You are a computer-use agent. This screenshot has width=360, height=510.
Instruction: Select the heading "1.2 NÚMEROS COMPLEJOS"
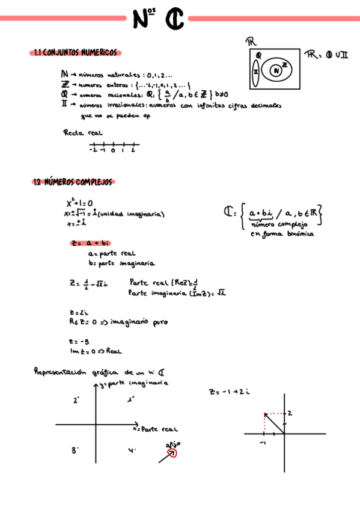74,182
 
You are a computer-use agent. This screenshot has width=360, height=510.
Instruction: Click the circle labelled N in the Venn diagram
276,71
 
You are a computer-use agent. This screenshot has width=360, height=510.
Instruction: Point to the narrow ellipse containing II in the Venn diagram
255,70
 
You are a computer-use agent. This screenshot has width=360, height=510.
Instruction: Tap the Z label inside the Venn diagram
284,64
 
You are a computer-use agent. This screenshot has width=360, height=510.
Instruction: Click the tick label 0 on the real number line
112,151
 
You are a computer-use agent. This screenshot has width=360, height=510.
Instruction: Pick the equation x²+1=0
79,204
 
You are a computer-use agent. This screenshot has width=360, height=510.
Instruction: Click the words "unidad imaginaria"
130,214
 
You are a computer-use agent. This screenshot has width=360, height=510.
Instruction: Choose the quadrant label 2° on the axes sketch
76,399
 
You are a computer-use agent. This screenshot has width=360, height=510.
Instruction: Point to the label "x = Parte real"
155,429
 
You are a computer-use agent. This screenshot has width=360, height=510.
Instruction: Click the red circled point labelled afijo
172,452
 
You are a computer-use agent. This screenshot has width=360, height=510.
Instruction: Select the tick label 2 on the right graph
289,413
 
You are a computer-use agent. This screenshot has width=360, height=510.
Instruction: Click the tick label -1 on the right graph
263,442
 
